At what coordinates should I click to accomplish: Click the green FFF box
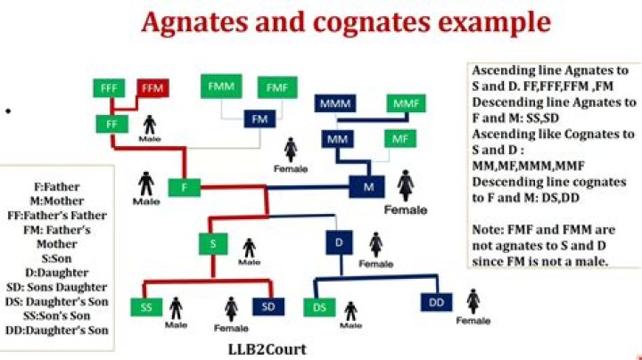(x=110, y=90)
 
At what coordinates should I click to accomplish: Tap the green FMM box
(x=219, y=86)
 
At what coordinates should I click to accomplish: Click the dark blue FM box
(x=260, y=119)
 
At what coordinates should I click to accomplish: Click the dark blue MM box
(x=338, y=140)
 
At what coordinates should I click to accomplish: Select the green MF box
(x=399, y=140)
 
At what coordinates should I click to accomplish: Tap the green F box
(x=184, y=187)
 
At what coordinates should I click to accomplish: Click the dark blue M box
(x=366, y=187)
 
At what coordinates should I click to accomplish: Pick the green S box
(x=214, y=243)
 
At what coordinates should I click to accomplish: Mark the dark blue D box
(x=339, y=243)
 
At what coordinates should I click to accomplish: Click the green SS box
(x=147, y=307)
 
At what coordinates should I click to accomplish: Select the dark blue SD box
(x=267, y=307)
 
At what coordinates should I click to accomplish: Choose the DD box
(x=437, y=303)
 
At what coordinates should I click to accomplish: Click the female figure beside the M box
(x=406, y=186)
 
